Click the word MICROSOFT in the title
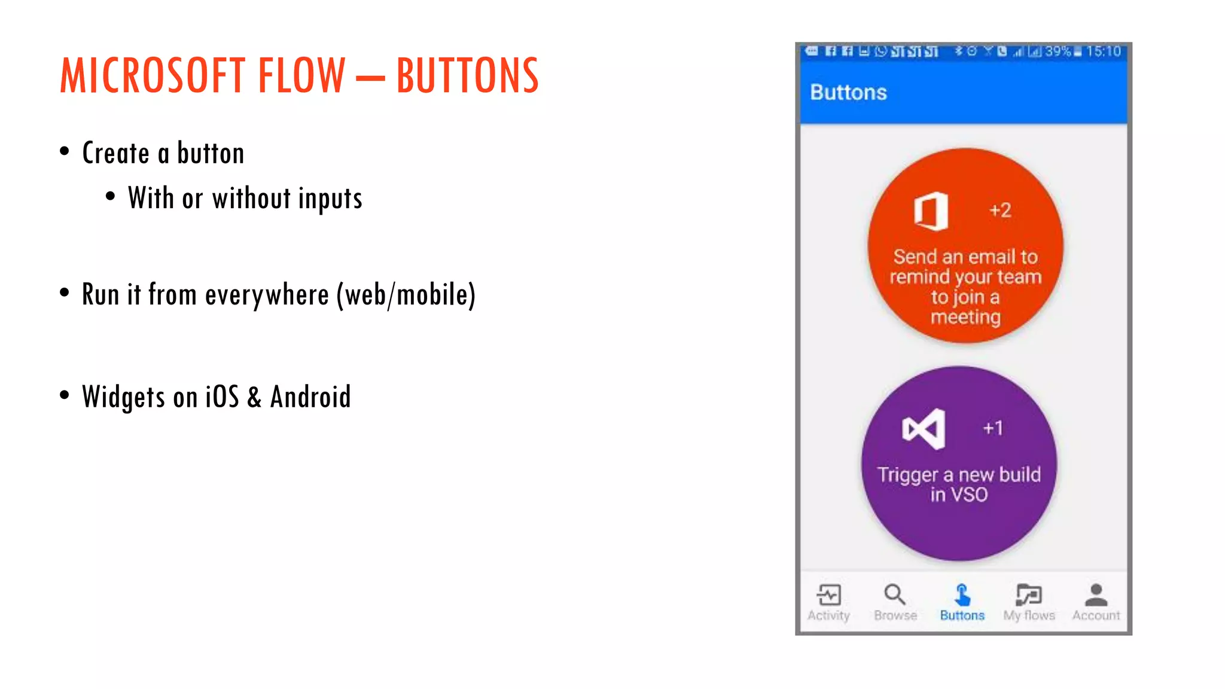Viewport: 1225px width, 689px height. pos(153,75)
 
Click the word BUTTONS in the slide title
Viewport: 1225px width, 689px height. pos(467,75)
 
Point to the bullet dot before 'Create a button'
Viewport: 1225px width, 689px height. pos(65,151)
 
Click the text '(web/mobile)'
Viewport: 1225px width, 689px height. pos(406,295)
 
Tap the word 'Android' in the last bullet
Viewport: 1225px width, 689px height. pos(310,397)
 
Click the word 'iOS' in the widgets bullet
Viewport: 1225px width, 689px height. pos(222,397)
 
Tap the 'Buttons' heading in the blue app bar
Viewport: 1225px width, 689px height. pos(848,93)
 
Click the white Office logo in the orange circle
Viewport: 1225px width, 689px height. pos(931,211)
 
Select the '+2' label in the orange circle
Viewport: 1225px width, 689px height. pos(999,211)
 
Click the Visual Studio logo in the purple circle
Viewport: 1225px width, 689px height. pos(924,429)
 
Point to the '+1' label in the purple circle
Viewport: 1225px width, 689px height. pos(993,428)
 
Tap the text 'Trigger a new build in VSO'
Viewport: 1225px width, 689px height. pos(959,484)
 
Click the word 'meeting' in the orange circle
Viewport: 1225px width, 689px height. pos(965,316)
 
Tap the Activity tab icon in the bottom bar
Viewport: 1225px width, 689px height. pos(829,595)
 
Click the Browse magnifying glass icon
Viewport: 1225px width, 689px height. pos(895,595)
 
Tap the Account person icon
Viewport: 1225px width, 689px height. pos(1096,595)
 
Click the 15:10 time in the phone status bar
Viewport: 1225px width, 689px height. pos(1103,52)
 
